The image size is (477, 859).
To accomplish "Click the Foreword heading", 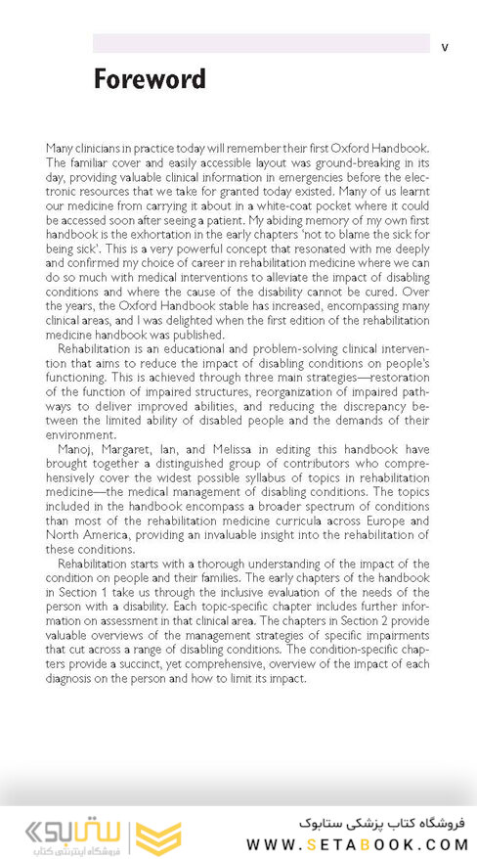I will coord(150,79).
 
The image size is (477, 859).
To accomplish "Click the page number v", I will coord(445,46).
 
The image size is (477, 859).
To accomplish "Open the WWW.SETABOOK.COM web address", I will coord(358,843).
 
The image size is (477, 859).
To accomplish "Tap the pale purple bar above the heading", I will coord(261,43).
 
